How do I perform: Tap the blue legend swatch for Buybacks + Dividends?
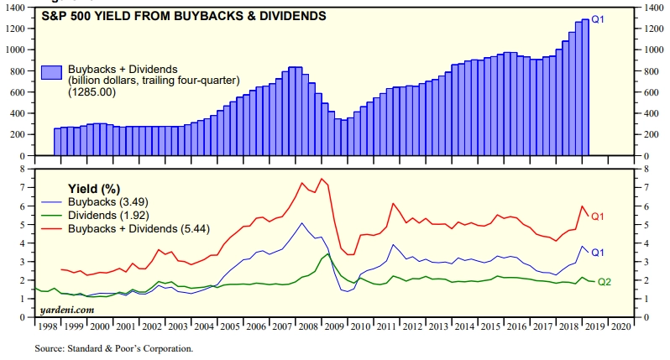53,73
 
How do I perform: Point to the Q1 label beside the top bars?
599,18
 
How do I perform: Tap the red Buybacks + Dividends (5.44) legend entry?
138,228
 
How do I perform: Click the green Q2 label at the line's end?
604,281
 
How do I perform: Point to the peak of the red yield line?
321,179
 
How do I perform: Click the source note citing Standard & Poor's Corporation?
113,347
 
